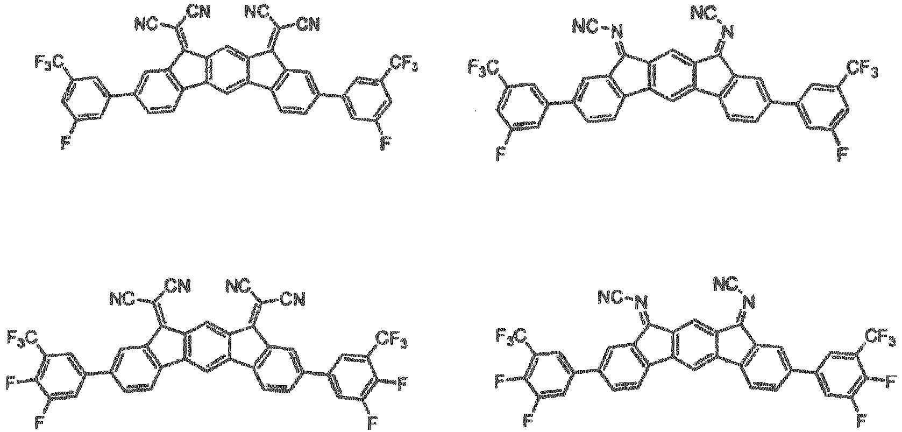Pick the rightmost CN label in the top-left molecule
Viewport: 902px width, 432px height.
[308, 25]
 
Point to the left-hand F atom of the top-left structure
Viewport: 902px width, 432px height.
[65, 142]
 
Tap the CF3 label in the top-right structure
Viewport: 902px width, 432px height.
[861, 69]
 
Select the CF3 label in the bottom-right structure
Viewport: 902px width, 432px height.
[880, 337]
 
